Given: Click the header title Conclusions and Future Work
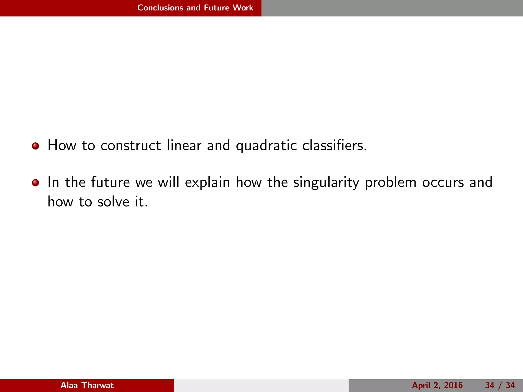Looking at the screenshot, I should point(195,8).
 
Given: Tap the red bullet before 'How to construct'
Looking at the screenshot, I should point(35,146).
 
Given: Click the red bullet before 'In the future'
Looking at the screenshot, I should point(35,183).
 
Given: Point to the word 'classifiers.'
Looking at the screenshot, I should point(335,145).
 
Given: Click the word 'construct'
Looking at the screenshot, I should point(130,145).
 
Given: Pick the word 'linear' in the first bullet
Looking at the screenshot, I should point(184,145).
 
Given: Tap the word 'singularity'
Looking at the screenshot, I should point(326,183).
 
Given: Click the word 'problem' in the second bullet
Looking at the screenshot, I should point(391,183).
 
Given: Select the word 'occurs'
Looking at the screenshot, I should point(443,183).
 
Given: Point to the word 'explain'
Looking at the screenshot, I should point(207,183).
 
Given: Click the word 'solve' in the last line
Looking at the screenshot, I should point(113,202).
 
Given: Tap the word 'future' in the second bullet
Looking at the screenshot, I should point(110,182).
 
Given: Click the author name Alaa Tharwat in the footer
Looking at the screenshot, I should point(87,385).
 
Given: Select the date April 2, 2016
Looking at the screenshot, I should point(437,385).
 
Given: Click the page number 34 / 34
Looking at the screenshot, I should point(500,385).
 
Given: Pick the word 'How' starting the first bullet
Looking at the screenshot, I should point(62,145).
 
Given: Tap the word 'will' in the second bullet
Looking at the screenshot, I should point(168,182).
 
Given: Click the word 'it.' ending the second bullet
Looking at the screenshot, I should point(141,202).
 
